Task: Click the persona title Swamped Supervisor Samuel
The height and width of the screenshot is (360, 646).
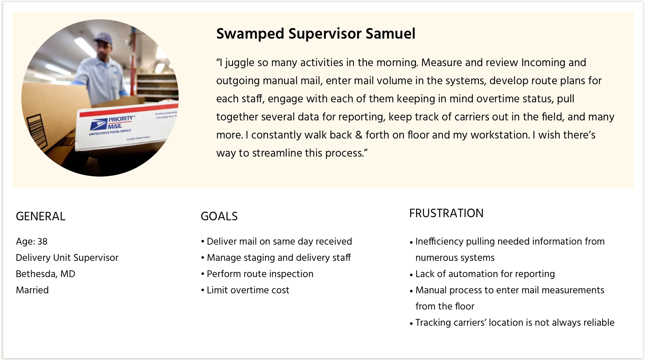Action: pos(316,34)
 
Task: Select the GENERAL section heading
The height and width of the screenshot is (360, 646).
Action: pos(41,216)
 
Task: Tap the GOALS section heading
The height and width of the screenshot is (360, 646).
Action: pos(219,216)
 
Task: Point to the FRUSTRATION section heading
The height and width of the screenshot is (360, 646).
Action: pos(446,213)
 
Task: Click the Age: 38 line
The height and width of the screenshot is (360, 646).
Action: pos(32,241)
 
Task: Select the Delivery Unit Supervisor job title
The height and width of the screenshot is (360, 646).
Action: pos(67,258)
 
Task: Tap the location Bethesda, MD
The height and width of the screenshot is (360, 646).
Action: pos(46,274)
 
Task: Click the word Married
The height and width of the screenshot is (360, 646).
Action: pos(32,290)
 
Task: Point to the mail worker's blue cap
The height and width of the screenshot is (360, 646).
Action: pos(103,38)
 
